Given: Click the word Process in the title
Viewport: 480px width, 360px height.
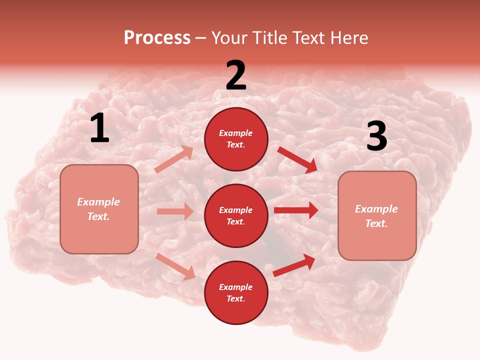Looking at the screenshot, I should [157, 38].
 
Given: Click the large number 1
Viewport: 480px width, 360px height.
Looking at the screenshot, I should [99, 129].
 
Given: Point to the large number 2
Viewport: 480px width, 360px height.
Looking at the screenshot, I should [236, 76].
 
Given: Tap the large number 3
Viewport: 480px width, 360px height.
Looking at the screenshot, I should [376, 136].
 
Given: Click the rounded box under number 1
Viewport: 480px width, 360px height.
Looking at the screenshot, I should [99, 209].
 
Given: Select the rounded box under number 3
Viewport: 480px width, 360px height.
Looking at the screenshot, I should [377, 216].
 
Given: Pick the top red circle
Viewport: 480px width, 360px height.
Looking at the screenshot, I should [236, 139].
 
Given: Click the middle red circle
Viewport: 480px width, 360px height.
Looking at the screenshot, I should [236, 216].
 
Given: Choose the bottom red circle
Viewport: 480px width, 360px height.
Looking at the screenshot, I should [236, 293].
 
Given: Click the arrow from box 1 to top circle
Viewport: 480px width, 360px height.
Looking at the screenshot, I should [174, 159].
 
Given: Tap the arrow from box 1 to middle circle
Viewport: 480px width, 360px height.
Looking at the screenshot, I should [175, 211].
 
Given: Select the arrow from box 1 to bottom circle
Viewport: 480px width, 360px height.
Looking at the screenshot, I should [175, 266].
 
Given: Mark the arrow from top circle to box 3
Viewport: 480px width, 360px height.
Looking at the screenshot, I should [297, 159].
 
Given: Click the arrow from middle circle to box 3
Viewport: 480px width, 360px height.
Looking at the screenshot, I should [296, 210].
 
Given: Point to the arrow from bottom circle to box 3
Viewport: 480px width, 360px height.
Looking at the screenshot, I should [294, 265].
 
